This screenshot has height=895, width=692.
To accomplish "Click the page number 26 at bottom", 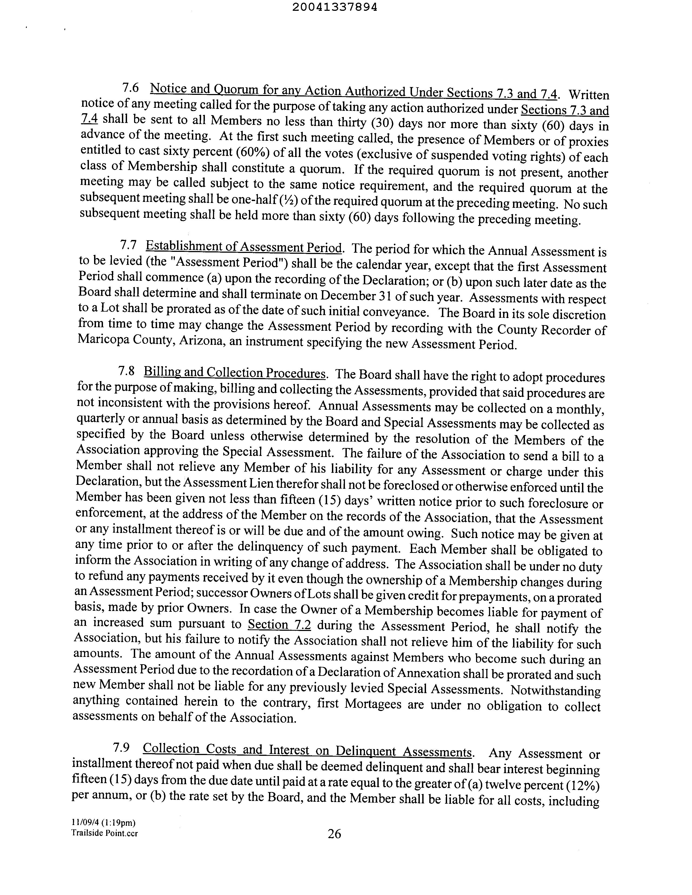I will point(334,834).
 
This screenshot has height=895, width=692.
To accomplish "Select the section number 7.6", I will point(130,87).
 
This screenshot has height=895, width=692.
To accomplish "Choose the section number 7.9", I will point(121,747).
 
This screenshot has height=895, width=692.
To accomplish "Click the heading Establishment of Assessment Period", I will point(244,247).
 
